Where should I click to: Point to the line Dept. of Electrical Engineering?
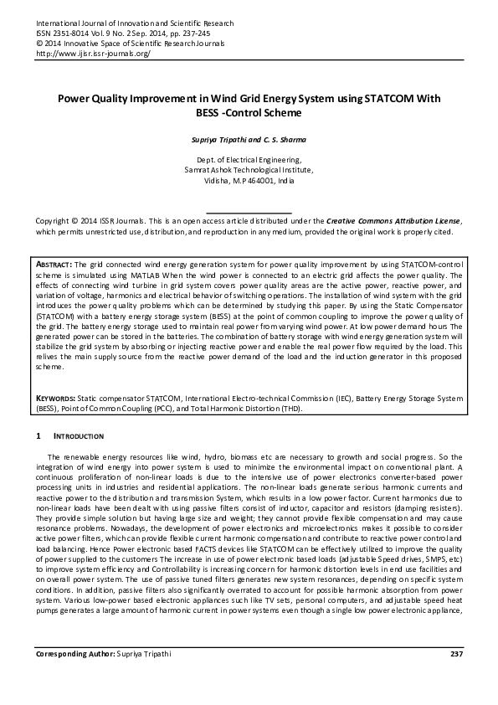[248, 157]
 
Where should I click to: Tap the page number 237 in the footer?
[456, 676]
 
